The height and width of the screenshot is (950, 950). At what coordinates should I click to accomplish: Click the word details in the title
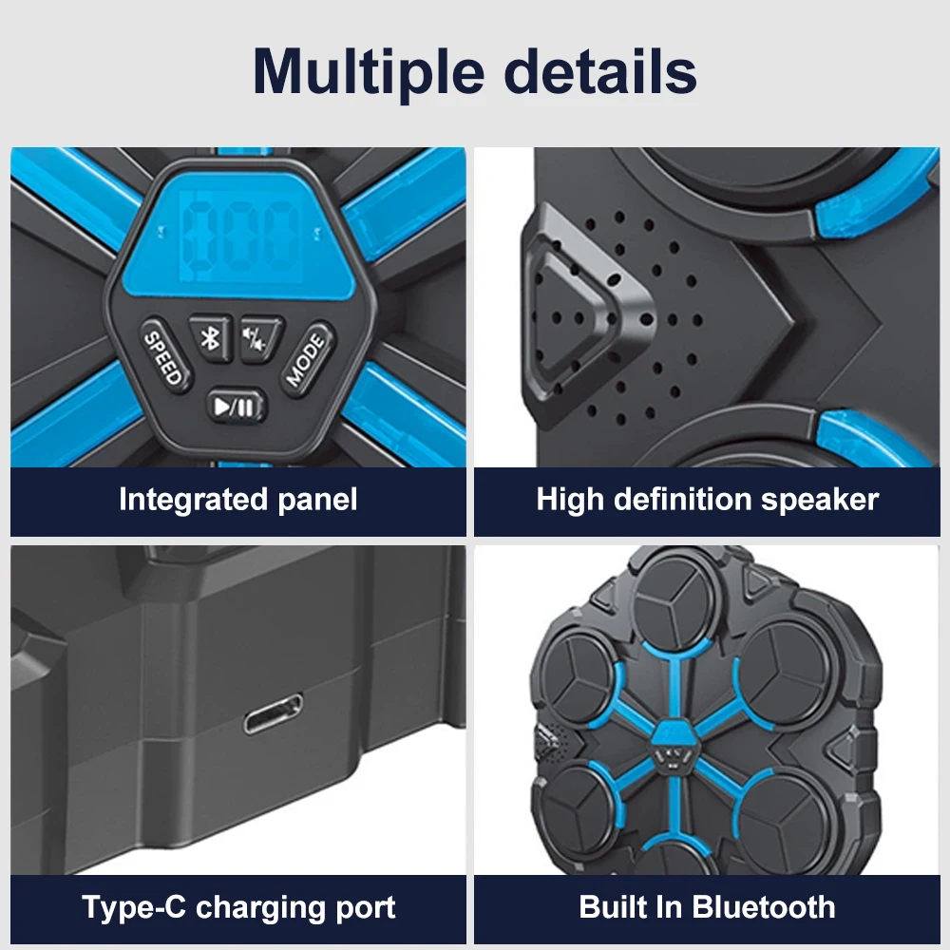(599, 69)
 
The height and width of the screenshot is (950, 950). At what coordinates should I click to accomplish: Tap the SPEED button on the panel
(162, 355)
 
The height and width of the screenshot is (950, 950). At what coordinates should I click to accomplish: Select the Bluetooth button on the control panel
(210, 337)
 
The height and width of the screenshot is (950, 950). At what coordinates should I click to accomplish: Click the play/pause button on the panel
(235, 408)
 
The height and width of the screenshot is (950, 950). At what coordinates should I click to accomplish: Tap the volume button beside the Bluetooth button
(260, 337)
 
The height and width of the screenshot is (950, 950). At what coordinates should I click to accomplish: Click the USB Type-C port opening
(274, 713)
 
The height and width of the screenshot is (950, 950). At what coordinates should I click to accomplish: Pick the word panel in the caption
(318, 500)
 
